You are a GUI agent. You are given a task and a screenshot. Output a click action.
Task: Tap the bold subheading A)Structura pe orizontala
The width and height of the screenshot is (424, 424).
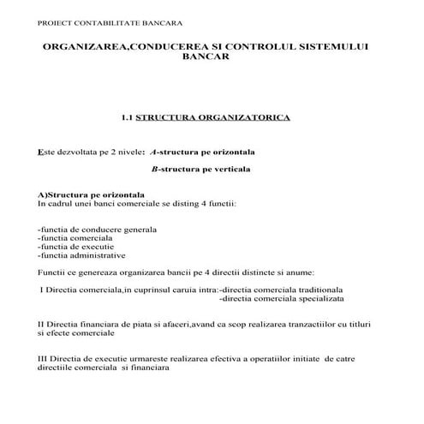click(x=90, y=195)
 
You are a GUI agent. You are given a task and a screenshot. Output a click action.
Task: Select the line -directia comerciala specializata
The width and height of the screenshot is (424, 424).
click(x=282, y=298)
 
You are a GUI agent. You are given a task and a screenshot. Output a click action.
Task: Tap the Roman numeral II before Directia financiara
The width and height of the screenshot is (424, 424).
click(x=42, y=323)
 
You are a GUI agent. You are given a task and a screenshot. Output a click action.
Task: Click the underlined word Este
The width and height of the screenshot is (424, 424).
click(x=48, y=151)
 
